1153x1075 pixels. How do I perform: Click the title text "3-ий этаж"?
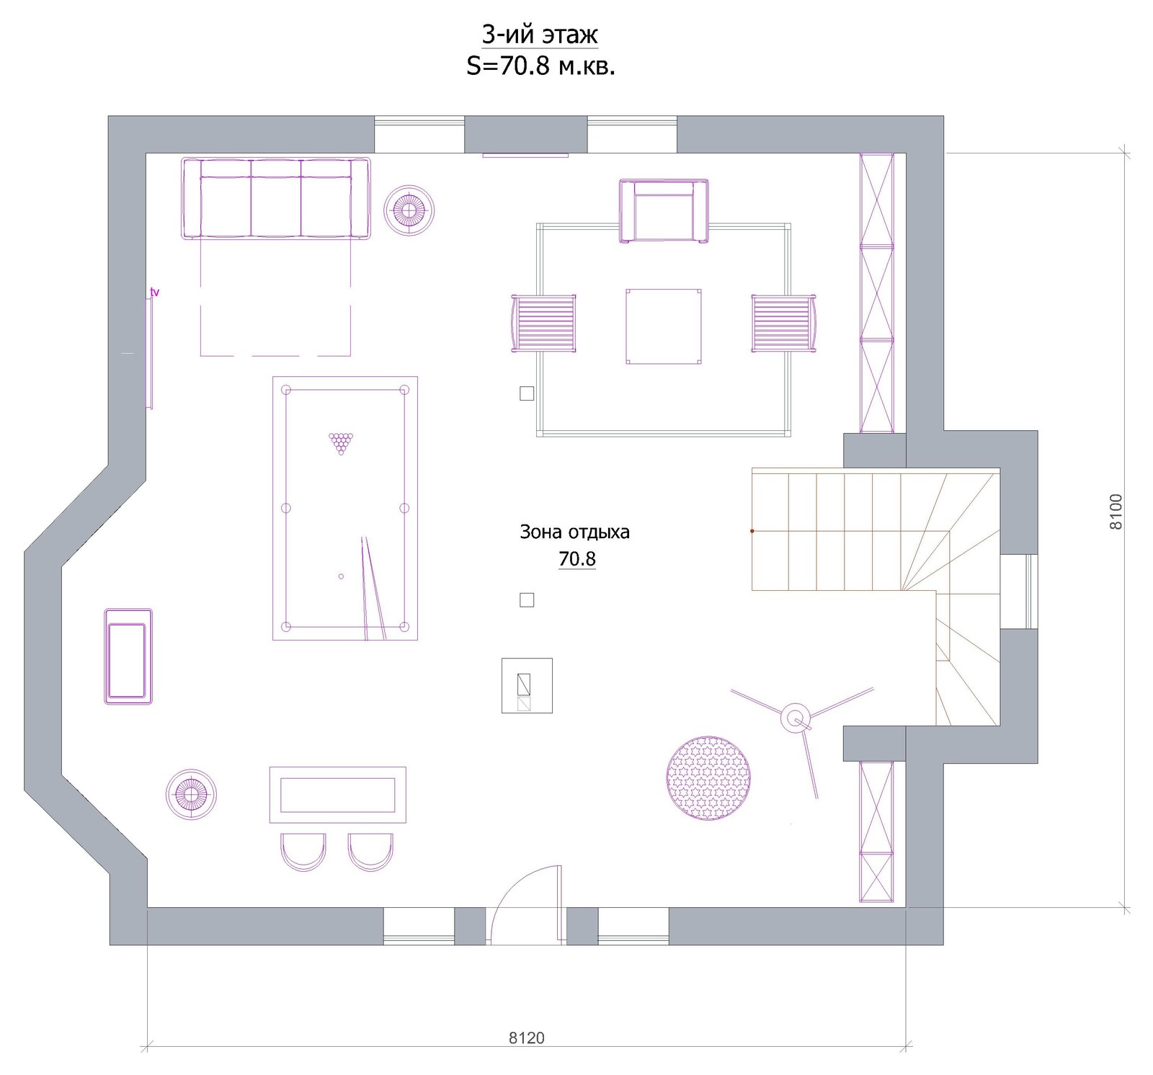click(x=540, y=35)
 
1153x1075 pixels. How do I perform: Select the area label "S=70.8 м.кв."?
click(x=540, y=66)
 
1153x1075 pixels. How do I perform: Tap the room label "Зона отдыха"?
click(x=574, y=532)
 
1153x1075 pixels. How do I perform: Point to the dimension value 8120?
click(x=527, y=1038)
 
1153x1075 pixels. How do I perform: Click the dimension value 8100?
click(x=1116, y=512)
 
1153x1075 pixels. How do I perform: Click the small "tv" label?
click(x=154, y=292)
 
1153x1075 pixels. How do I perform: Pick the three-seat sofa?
click(x=276, y=198)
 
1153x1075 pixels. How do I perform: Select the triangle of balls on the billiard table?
click(x=341, y=443)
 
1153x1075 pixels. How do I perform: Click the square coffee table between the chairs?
click(x=664, y=326)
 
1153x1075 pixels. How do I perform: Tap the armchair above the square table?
click(x=664, y=211)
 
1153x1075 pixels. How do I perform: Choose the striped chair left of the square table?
click(x=543, y=324)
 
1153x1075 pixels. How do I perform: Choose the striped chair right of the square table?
click(x=784, y=324)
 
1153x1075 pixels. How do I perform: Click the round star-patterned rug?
click(x=708, y=778)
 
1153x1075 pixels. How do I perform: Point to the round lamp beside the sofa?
click(x=409, y=210)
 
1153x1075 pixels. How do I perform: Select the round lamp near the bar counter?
click(x=191, y=794)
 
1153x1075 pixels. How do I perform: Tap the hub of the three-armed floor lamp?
click(x=796, y=718)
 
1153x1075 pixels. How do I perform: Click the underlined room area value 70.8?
click(x=577, y=559)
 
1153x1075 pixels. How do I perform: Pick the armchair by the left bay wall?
click(x=128, y=656)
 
